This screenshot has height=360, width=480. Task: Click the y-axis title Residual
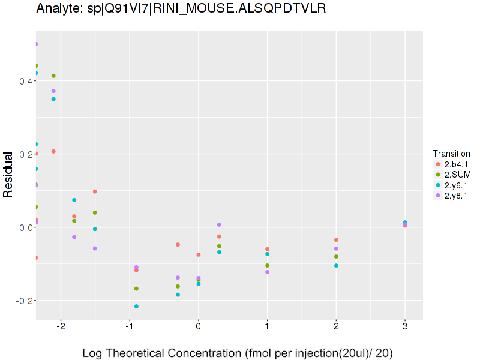point(8,174)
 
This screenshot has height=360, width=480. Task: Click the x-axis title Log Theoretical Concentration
point(237,353)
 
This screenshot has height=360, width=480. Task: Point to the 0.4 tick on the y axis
point(24,81)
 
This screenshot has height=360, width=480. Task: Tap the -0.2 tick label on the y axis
point(22,301)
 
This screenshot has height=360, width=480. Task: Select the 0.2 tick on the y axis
point(24,154)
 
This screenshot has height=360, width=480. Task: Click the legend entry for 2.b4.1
point(456,164)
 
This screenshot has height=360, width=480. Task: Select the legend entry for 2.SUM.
point(458,175)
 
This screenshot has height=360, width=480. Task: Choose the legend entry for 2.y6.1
point(456,185)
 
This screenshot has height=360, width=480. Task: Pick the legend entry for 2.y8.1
point(456,196)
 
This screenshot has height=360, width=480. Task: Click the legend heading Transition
point(451,154)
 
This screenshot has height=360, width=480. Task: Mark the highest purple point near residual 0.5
point(36,44)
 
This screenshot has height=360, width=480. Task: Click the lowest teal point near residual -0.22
point(136,307)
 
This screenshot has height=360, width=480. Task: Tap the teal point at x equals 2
point(336,266)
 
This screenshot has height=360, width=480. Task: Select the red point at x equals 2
point(336,240)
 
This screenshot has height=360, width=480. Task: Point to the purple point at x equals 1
point(267,272)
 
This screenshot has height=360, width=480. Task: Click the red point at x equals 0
point(199,255)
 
